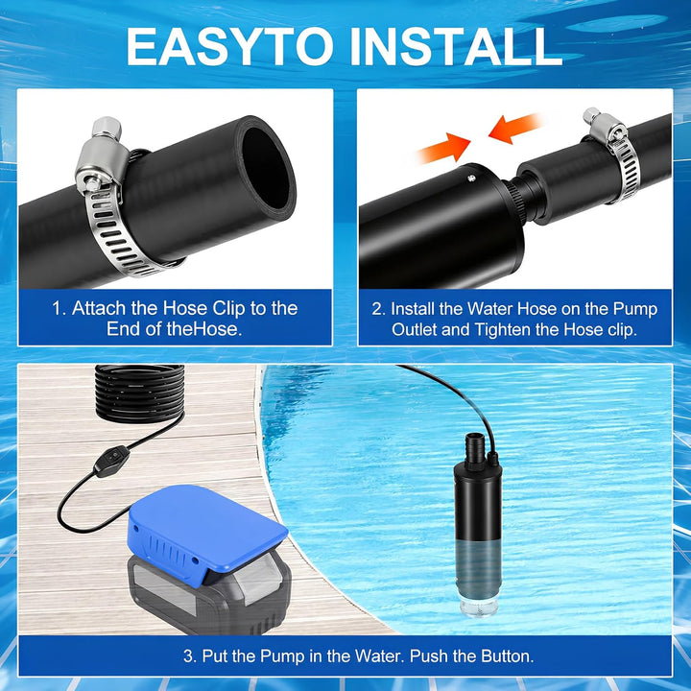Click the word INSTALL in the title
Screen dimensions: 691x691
pos(457,46)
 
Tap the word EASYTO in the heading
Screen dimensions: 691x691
pos(229,46)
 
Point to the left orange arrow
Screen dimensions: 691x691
pos(442,148)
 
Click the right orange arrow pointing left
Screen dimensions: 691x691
pos(514,129)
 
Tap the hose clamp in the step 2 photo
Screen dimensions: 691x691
pos(615,155)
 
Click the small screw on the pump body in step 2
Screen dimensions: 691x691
pos(471,179)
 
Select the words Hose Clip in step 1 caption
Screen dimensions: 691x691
pos(204,309)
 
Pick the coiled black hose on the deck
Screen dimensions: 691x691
pos(140,393)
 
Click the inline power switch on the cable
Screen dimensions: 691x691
pos(112,461)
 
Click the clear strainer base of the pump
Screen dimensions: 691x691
pos(479,607)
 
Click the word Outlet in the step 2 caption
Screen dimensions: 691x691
pos(415,329)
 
